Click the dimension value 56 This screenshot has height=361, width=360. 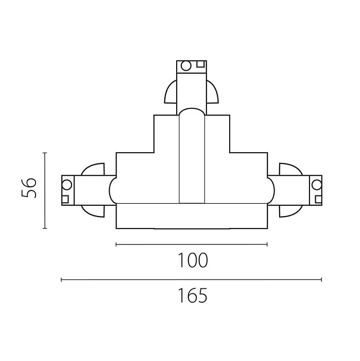click(x=29, y=188)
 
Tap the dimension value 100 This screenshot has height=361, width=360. click(x=193, y=260)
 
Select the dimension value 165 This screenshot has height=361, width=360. click(x=193, y=296)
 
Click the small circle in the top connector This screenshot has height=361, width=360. click(x=186, y=65)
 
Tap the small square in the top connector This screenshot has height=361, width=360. click(x=200, y=64)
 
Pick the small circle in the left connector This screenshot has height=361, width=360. click(x=67, y=185)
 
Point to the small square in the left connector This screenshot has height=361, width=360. click(x=65, y=199)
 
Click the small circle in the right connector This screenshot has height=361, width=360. click(x=317, y=185)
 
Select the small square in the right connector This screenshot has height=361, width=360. click(x=318, y=199)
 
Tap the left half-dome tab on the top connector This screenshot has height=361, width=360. click(x=171, y=92)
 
